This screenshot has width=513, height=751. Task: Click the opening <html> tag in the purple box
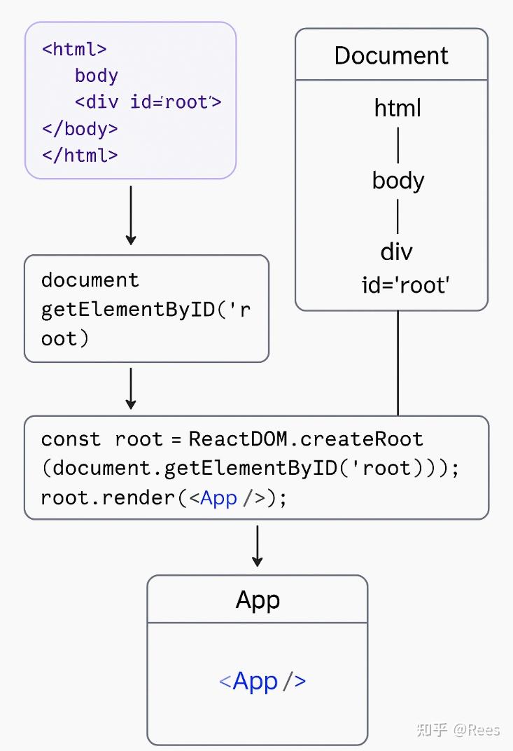click(x=74, y=49)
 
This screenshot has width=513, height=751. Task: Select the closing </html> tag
click(x=80, y=155)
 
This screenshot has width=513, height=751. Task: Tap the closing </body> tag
click(x=80, y=129)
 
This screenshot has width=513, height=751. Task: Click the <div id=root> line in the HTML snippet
click(x=148, y=102)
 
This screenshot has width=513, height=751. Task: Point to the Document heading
click(x=391, y=55)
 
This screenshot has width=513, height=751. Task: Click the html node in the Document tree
click(x=398, y=108)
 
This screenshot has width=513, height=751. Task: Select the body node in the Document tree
click(x=398, y=181)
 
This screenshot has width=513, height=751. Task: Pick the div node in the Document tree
click(x=397, y=252)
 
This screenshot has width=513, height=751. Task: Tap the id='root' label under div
click(x=405, y=285)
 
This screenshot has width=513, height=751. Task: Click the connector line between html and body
click(x=398, y=144)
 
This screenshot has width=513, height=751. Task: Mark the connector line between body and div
click(x=398, y=216)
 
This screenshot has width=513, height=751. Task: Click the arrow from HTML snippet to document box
click(x=131, y=214)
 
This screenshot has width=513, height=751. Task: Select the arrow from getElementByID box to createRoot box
click(x=131, y=388)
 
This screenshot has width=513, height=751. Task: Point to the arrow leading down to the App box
click(x=257, y=546)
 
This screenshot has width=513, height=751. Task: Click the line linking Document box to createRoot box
click(x=398, y=363)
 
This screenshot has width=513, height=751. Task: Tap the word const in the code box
click(x=71, y=439)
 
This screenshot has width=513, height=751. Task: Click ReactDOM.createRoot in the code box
click(x=306, y=439)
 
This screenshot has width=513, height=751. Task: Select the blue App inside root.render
click(x=218, y=498)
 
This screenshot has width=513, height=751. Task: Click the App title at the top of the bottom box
click(x=258, y=600)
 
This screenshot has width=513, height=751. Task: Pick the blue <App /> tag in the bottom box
click(x=262, y=681)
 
